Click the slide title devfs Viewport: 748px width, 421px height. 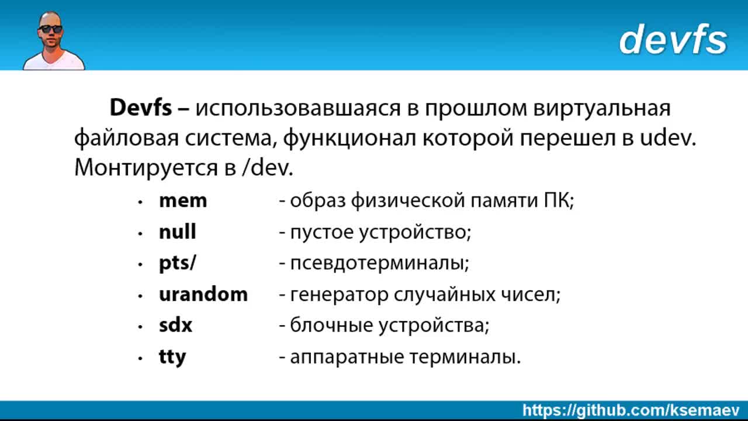(673, 39)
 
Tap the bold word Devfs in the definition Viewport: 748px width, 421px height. (141, 108)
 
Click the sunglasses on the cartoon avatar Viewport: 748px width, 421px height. (51, 29)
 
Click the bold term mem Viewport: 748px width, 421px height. (183, 201)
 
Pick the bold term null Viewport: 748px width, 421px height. (177, 231)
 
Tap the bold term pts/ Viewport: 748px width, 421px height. (177, 263)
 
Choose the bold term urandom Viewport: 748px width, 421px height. (203, 294)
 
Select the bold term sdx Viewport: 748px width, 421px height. (176, 325)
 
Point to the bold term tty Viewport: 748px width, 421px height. (172, 357)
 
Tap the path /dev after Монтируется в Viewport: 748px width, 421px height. (267, 167)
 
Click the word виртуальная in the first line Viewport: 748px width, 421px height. (602, 109)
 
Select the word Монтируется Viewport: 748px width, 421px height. (146, 168)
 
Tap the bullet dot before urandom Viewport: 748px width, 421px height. (140, 296)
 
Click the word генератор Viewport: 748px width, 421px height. (339, 295)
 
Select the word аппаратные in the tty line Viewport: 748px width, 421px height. (347, 357)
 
